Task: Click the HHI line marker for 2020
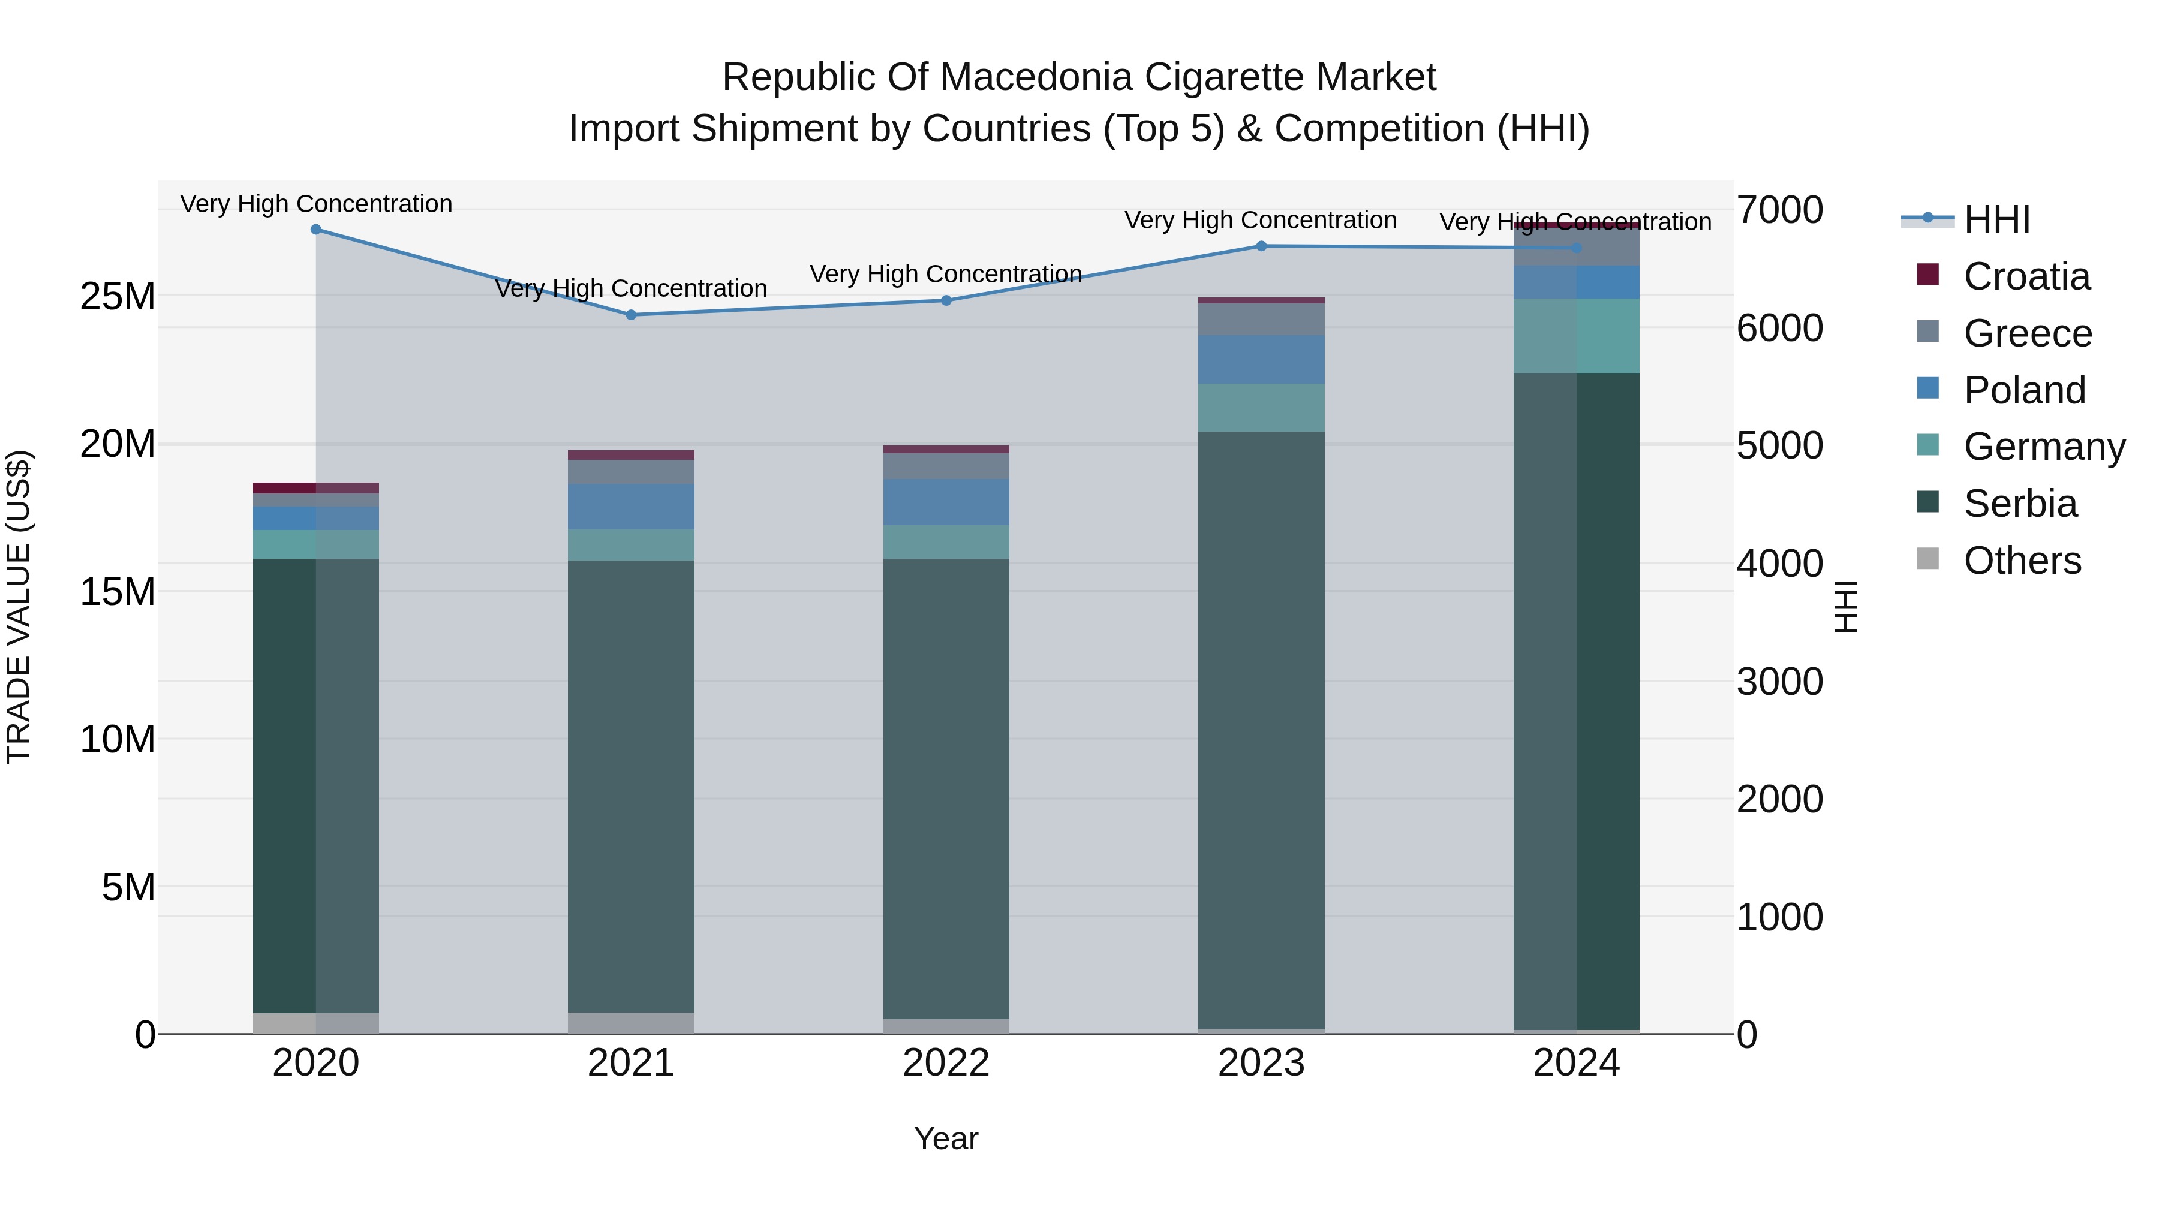(316, 230)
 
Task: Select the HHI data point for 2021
(631, 315)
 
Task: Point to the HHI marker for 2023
(1261, 246)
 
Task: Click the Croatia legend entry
(2026, 276)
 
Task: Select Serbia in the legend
(2020, 504)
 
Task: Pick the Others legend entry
(2022, 561)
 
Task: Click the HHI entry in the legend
(1996, 219)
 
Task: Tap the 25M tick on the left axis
(118, 297)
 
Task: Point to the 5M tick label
(128, 887)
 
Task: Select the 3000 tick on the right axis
(1779, 682)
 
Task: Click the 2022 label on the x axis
(946, 1063)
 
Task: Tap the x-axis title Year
(946, 1138)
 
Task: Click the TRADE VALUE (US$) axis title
(19, 607)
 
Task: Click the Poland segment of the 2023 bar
(1261, 360)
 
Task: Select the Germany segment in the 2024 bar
(1577, 336)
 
